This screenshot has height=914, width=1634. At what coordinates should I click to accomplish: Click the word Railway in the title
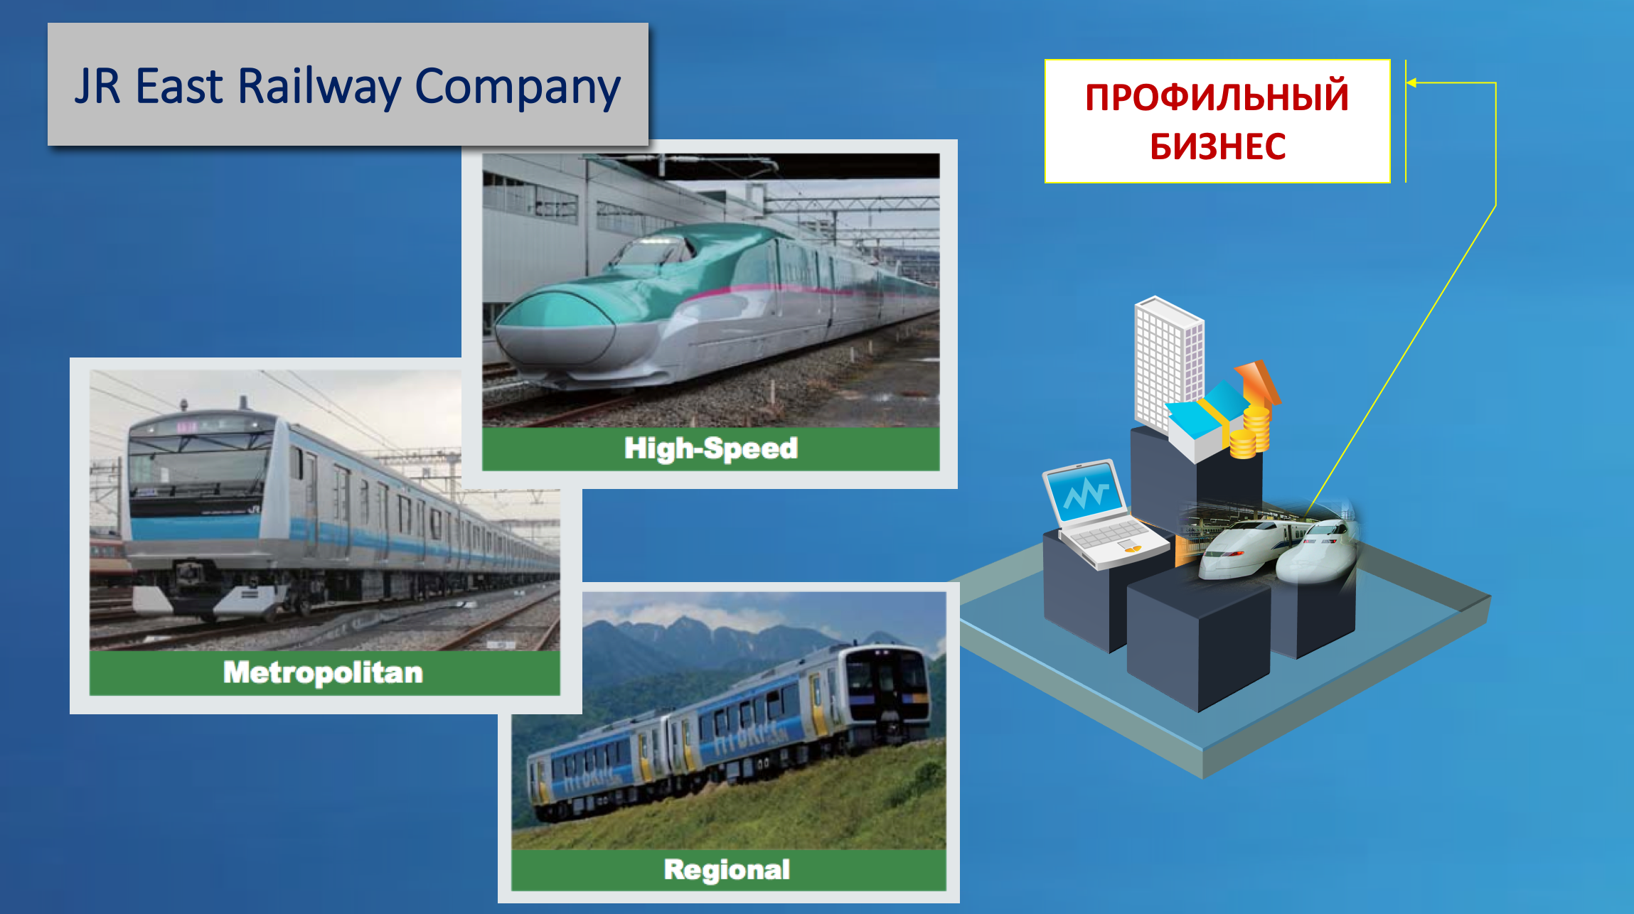tap(319, 87)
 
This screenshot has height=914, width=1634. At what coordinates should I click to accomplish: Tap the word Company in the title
tap(518, 88)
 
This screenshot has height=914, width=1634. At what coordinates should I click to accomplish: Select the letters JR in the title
tap(97, 86)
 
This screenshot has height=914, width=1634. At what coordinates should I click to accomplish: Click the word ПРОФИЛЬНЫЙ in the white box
tap(1217, 97)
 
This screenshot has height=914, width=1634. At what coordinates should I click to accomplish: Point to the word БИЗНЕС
tap(1217, 146)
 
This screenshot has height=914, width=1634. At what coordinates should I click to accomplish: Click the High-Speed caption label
tap(711, 448)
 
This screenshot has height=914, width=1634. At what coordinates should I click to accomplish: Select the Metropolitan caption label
tap(324, 672)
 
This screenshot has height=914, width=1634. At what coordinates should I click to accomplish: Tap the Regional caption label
tap(727, 870)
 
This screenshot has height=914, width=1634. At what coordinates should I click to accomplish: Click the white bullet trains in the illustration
tap(1280, 551)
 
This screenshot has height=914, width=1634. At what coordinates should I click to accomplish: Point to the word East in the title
tap(179, 87)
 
